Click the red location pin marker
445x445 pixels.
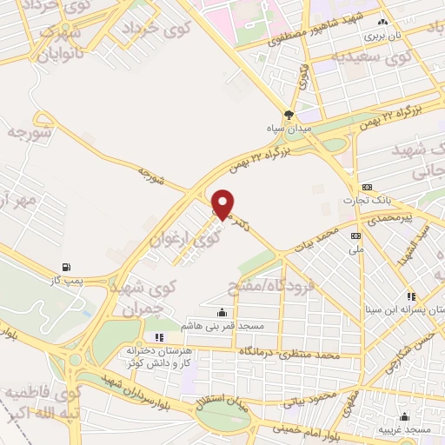(223, 204)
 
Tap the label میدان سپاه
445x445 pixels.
(290, 129)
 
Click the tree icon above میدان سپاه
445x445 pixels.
(289, 114)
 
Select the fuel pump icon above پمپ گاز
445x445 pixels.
(67, 267)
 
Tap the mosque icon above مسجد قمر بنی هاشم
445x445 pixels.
(222, 312)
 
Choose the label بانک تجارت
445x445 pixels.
(373, 200)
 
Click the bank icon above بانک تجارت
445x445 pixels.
(366, 187)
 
